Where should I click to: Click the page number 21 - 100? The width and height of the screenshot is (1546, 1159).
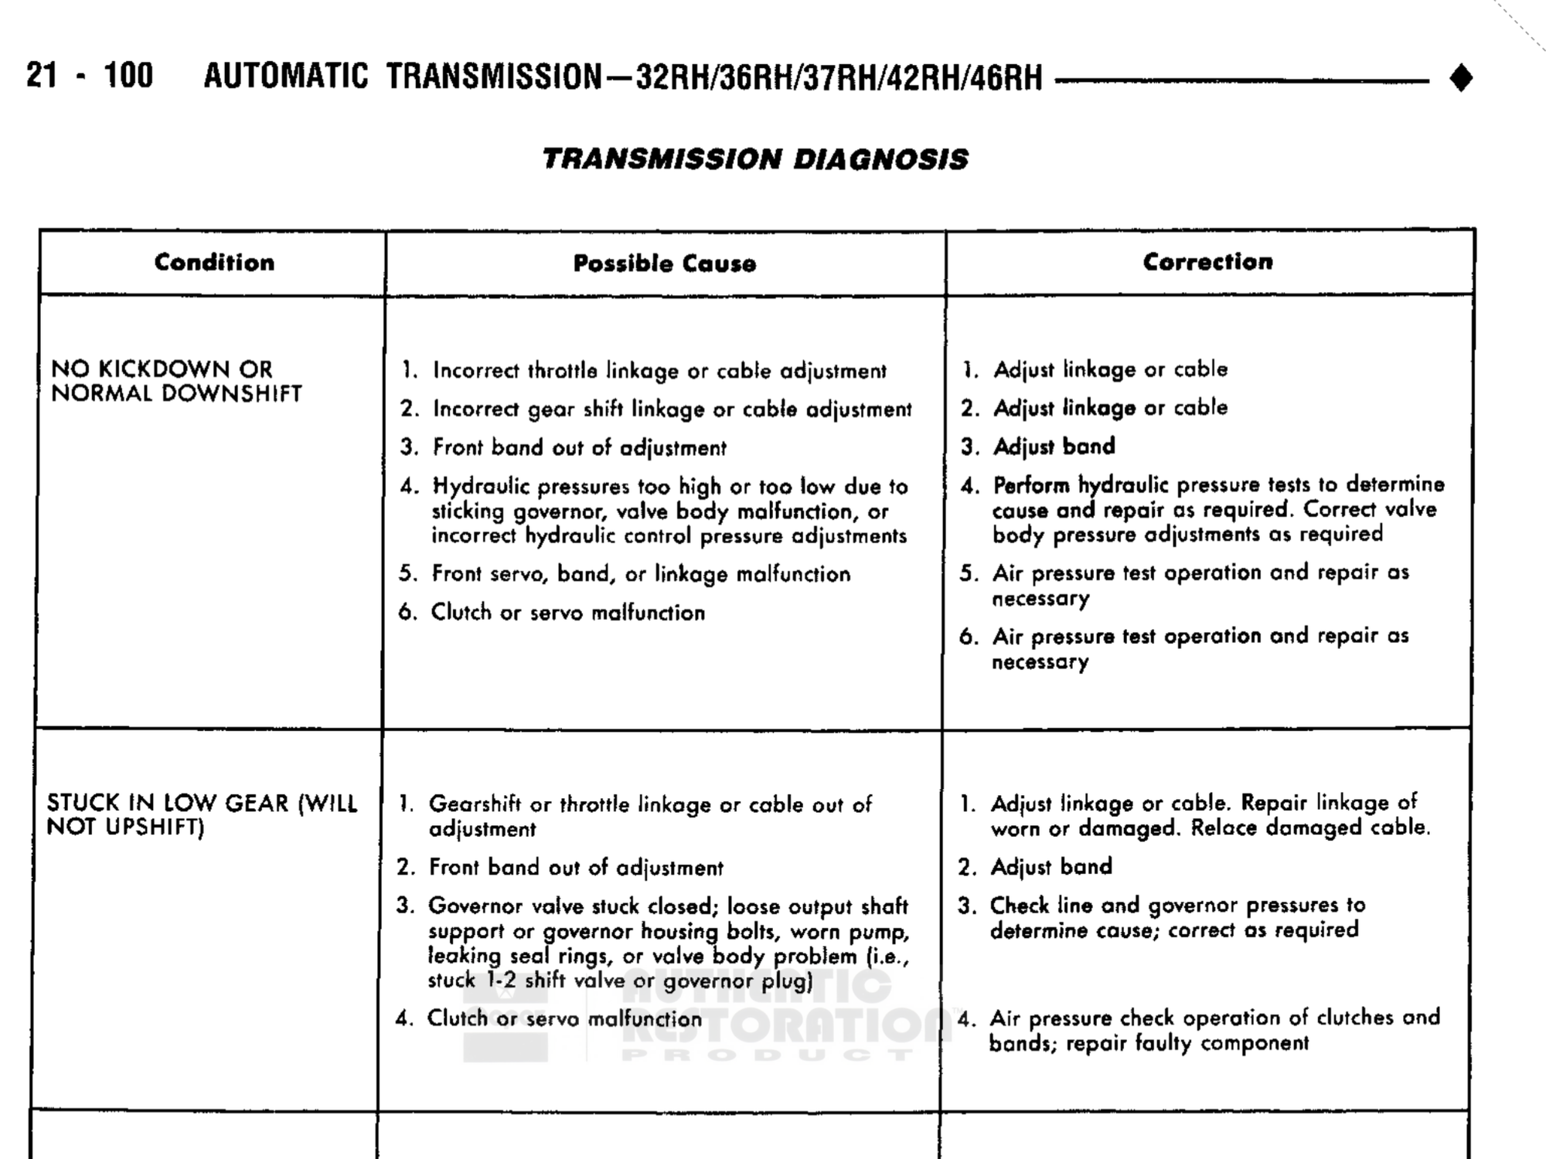[90, 76]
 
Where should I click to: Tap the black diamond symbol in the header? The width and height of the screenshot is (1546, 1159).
[1461, 78]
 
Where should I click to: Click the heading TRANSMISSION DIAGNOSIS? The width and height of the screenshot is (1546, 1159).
[754, 159]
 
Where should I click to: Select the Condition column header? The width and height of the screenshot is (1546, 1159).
[214, 263]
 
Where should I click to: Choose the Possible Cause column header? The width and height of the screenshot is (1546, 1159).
[665, 263]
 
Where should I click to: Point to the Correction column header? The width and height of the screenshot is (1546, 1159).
[1207, 262]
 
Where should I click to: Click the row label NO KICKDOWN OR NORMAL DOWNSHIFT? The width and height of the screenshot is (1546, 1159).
[176, 381]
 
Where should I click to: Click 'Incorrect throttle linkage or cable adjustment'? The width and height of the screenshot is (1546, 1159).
[659, 371]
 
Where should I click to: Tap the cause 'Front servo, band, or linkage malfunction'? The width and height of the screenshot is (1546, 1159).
[641, 574]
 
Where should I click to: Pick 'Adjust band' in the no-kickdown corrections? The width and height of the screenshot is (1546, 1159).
[1054, 447]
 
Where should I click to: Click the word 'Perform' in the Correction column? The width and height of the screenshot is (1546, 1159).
[1031, 485]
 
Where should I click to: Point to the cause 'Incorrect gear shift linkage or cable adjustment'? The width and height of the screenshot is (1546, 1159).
[672, 410]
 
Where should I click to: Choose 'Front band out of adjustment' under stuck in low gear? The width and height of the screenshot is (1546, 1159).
[576, 868]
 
